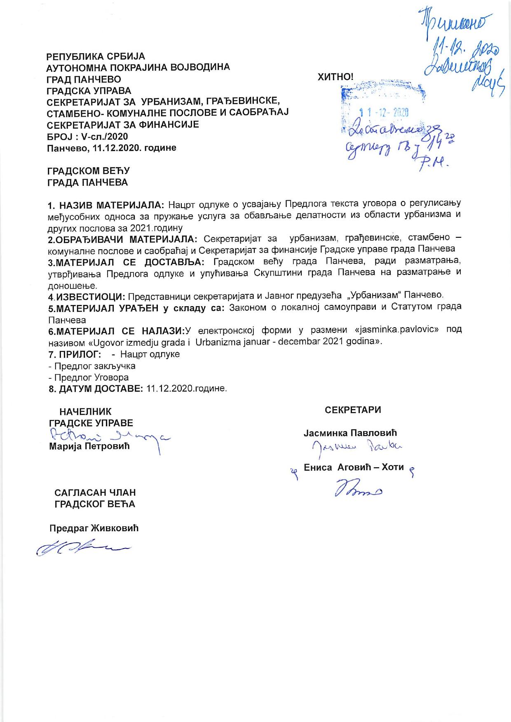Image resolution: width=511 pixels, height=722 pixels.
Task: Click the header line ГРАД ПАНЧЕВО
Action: click(x=84, y=79)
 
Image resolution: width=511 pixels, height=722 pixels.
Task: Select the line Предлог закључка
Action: click(x=91, y=366)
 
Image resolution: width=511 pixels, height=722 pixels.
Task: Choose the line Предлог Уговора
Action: click(x=88, y=377)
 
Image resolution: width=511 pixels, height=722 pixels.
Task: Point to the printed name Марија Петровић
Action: click(x=89, y=446)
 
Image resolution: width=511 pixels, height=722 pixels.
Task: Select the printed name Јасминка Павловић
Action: click(x=350, y=433)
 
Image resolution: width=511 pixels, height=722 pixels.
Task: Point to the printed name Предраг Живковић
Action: click(x=94, y=529)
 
